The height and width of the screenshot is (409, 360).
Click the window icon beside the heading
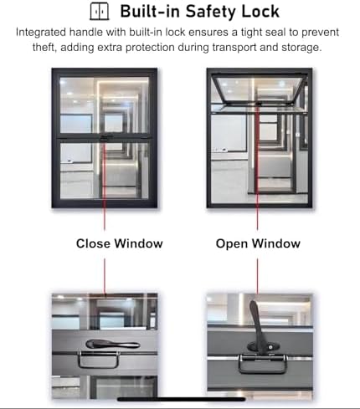click(100, 12)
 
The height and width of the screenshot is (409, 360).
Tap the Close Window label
click(119, 244)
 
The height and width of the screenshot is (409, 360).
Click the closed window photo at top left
click(104, 138)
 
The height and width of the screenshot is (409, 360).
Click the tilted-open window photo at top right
click(259, 138)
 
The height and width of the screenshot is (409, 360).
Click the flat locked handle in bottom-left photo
click(111, 344)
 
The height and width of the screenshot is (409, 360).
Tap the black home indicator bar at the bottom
click(179, 400)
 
